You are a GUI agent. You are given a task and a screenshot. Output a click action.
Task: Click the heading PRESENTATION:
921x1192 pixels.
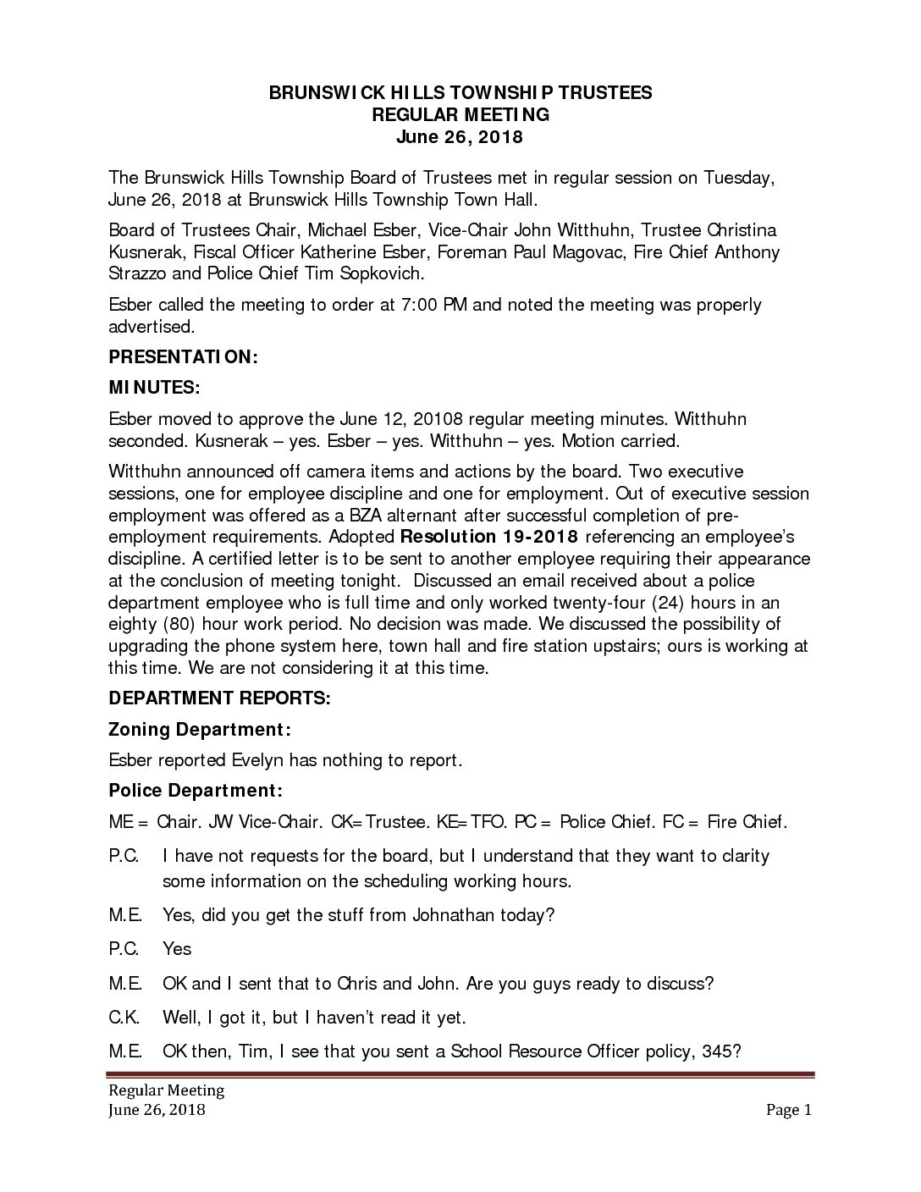[183, 358]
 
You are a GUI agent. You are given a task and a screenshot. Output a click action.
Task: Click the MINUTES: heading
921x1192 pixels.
[154, 388]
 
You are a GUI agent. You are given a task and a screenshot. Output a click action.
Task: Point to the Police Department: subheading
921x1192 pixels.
[195, 792]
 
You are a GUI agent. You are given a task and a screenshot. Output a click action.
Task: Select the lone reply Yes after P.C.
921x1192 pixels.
[177, 949]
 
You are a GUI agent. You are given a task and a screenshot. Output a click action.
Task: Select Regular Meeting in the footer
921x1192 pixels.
[165, 1090]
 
